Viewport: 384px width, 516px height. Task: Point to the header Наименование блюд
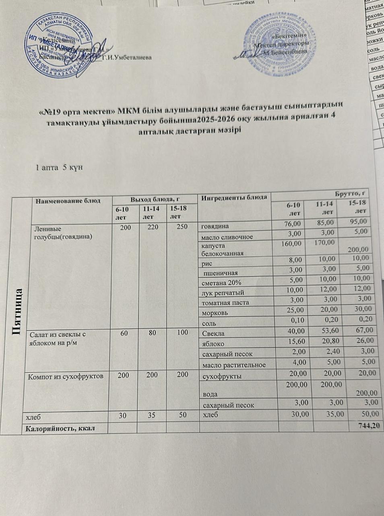click(x=67, y=200)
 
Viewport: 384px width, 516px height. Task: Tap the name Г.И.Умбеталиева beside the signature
click(x=127, y=58)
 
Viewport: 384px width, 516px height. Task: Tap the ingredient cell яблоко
click(x=213, y=344)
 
